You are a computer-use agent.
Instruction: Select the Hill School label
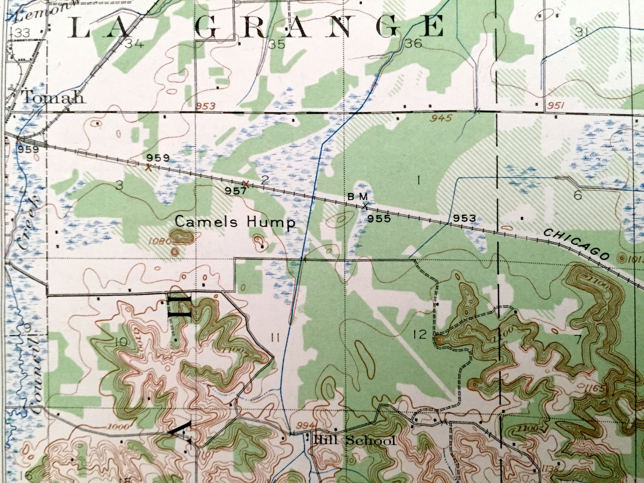354,441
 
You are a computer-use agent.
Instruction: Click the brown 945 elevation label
442,118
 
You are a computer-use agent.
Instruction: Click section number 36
413,44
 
